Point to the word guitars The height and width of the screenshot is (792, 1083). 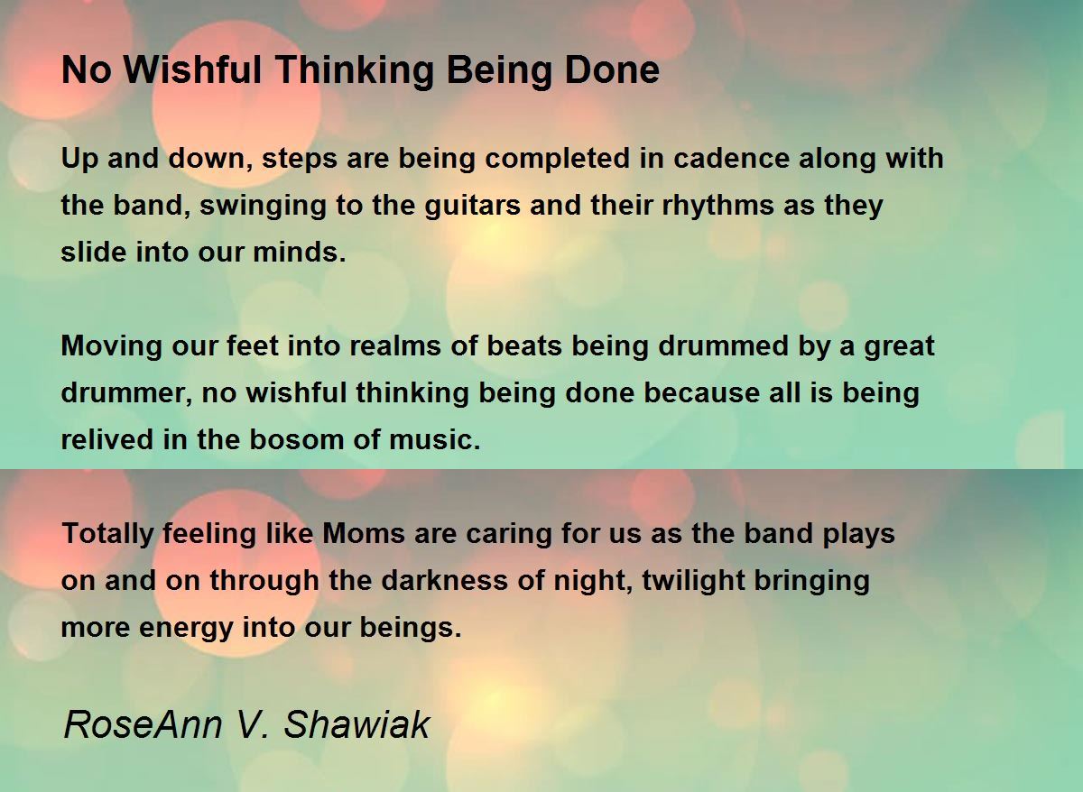(x=472, y=206)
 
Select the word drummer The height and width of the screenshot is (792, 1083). (x=124, y=393)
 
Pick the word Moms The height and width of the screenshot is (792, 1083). (x=364, y=533)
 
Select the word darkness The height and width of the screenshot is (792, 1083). (x=445, y=580)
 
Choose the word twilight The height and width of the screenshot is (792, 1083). (x=694, y=581)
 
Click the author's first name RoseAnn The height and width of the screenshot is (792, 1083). (x=143, y=725)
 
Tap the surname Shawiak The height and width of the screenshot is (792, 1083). (x=356, y=725)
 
